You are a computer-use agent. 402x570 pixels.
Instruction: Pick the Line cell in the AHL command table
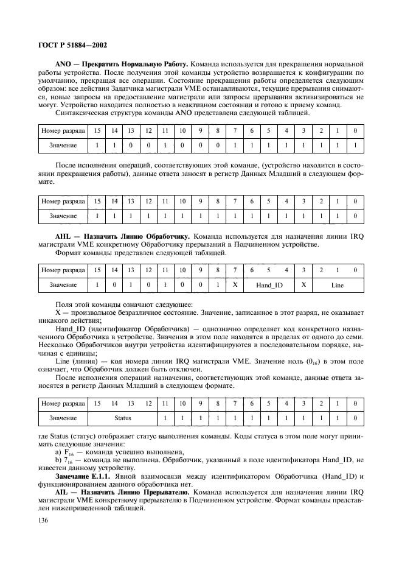point(337,284)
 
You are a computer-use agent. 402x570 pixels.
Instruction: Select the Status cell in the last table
point(123,418)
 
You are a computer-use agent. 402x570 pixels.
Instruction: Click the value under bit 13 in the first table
point(130,146)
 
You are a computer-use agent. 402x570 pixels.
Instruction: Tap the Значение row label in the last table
point(63,418)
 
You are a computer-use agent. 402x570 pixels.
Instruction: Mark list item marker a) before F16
point(60,452)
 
